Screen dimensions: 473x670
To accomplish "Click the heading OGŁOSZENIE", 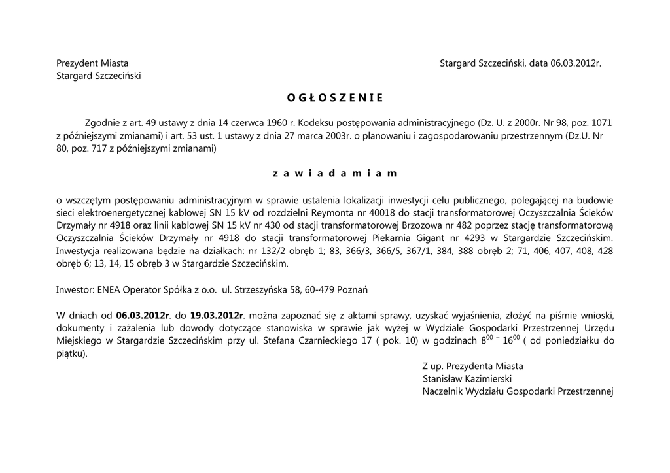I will [334, 98].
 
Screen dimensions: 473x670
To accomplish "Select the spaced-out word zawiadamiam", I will [334, 174].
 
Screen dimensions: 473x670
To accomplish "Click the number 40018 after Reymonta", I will [381, 212].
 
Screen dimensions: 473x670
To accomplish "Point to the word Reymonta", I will [328, 212].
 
